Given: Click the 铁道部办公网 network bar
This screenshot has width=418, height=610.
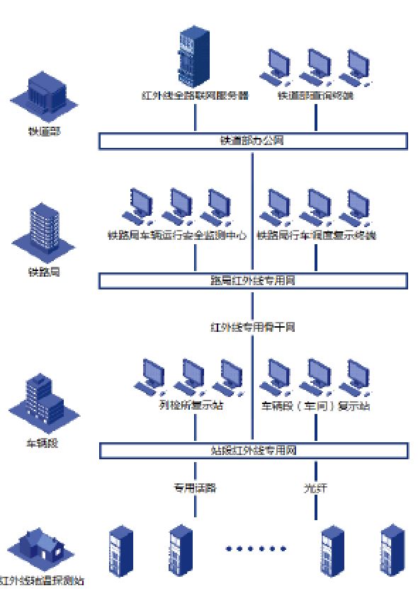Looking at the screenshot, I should point(252,141).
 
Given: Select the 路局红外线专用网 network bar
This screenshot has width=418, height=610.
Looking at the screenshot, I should point(252,280).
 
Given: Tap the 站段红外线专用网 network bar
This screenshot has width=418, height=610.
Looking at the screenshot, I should point(252,450).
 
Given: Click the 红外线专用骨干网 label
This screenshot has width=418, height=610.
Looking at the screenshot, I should point(252,327).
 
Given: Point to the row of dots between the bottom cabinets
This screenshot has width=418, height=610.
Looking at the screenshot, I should point(255,548).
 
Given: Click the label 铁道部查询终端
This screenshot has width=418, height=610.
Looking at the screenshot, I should point(316,96).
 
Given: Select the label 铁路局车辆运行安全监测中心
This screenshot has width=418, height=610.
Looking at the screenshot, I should point(177,235).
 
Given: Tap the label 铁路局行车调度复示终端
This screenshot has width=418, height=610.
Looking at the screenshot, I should point(316,235).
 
